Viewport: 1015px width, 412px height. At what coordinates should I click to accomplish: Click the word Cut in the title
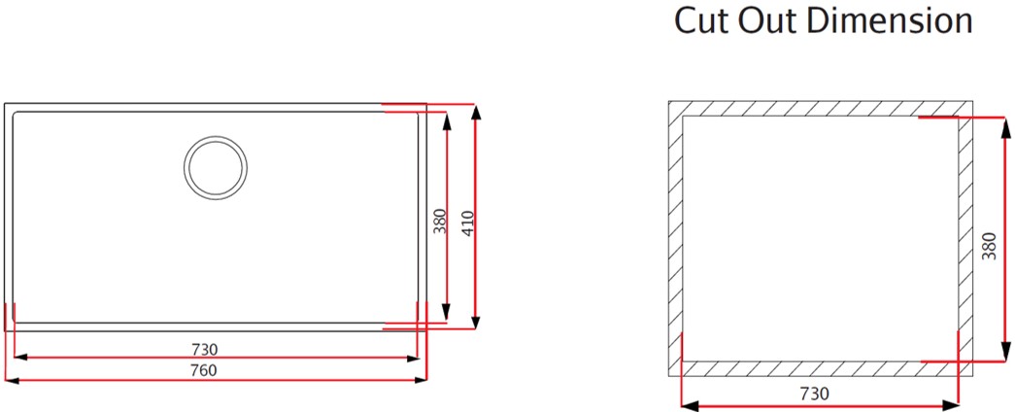pos(702,20)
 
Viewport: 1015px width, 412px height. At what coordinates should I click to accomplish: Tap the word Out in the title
pos(771,20)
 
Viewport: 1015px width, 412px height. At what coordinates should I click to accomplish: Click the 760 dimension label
pos(204,370)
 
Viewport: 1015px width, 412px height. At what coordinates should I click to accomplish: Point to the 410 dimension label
pos(469,223)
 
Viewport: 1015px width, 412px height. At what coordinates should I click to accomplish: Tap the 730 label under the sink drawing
pos(205,350)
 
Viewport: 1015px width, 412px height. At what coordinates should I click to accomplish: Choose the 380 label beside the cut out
pos(989,246)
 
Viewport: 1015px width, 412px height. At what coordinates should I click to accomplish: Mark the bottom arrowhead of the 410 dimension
pos(476,321)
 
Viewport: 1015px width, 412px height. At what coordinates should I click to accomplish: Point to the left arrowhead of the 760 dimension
pos(13,380)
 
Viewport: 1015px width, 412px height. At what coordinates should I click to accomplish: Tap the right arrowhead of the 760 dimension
pos(421,380)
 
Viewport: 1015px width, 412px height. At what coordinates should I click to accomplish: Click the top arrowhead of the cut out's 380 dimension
pos(1004,127)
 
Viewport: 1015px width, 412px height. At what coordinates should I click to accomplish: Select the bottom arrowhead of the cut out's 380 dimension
pos(1004,353)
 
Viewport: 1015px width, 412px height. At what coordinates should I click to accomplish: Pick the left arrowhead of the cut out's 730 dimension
pos(691,406)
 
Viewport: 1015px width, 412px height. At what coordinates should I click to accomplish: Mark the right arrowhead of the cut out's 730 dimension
pos(951,406)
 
